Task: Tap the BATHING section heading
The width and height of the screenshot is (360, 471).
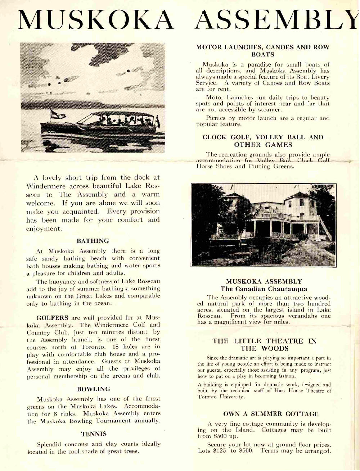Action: click(x=93, y=241)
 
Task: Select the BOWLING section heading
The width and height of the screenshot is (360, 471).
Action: click(x=94, y=389)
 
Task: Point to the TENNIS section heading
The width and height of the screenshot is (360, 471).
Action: click(x=94, y=434)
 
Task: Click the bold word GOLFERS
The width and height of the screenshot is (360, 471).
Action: click(x=52, y=318)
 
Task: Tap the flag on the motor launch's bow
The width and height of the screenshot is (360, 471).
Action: click(x=58, y=114)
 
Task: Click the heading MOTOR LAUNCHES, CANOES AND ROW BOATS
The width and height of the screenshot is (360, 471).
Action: click(x=262, y=51)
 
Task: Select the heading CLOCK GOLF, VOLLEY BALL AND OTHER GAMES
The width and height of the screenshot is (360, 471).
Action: click(x=263, y=141)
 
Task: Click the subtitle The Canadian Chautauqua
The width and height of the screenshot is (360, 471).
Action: click(x=264, y=289)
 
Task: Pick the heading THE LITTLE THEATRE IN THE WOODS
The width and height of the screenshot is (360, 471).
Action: click(x=264, y=344)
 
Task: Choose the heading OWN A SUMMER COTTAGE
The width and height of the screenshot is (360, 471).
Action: click(x=271, y=414)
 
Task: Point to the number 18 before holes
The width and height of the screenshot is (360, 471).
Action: click(x=116, y=347)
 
